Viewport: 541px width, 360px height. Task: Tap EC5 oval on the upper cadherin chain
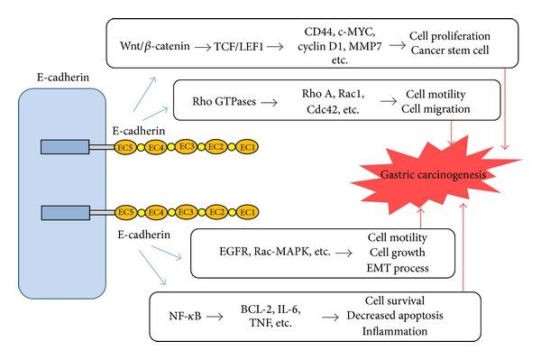coord(127,145)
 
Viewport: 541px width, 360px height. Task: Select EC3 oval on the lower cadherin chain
coord(188,211)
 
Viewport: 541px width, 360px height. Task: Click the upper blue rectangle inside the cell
coord(66,146)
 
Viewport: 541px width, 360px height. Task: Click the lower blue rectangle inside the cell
coord(66,212)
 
